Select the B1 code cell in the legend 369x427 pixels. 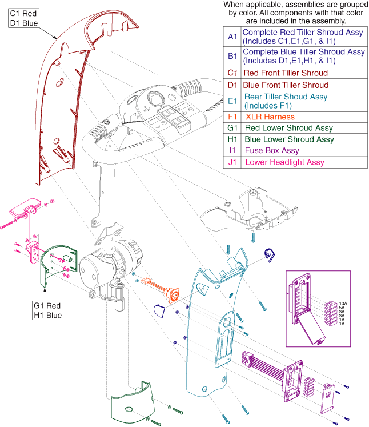(x=231, y=56)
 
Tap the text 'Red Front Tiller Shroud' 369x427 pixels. (x=286, y=73)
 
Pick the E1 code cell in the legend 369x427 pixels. (x=231, y=101)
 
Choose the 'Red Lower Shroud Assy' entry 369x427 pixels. (x=288, y=128)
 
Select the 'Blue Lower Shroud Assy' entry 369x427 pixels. (x=288, y=139)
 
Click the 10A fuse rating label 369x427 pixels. (x=343, y=304)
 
